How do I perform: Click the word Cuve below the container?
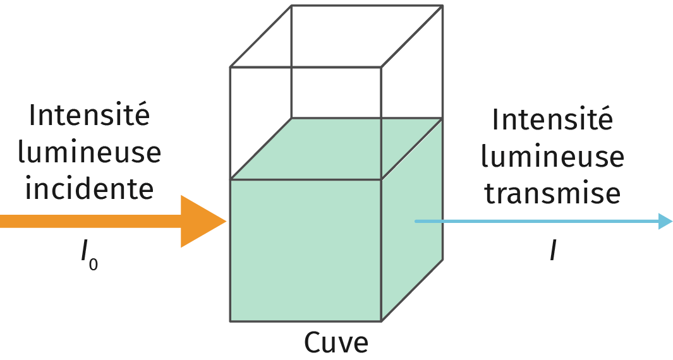click(x=336, y=343)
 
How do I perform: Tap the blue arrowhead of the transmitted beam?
click(x=665, y=221)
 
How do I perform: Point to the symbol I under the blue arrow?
click(x=553, y=252)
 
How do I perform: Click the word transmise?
click(x=552, y=193)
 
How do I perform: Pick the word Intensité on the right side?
click(x=552, y=120)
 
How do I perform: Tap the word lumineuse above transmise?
click(x=552, y=156)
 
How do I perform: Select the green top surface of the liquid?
click(x=335, y=148)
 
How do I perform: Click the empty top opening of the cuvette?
click(x=335, y=35)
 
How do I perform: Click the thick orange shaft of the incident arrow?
click(x=88, y=221)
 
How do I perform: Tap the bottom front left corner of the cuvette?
click(x=230, y=321)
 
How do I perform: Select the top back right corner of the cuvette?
click(x=442, y=6)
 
